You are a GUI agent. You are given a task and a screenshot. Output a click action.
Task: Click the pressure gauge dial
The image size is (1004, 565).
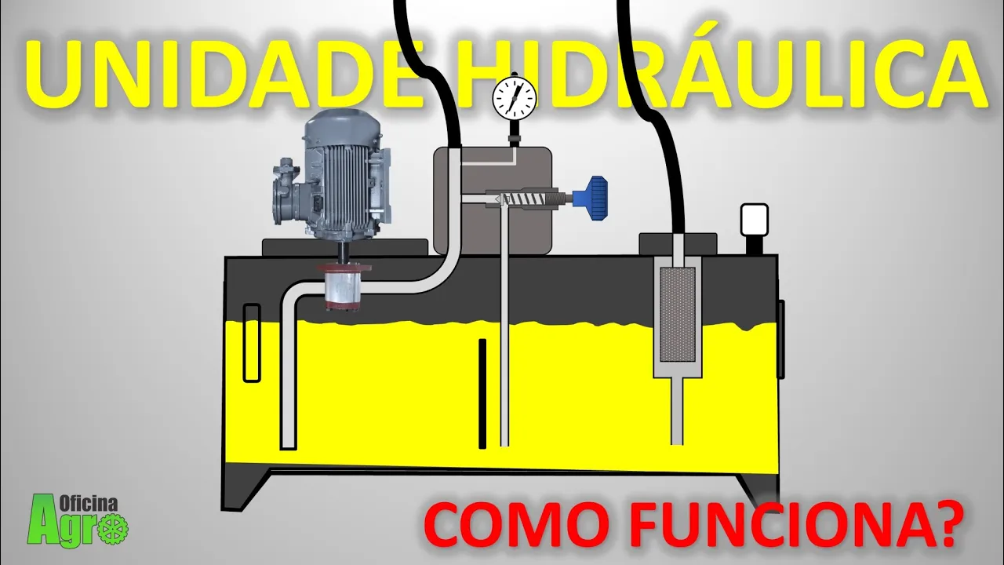[515, 97]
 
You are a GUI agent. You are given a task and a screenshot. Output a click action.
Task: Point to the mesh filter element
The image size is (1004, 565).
[678, 314]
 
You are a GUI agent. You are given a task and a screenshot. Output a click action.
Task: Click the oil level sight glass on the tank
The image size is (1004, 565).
[251, 343]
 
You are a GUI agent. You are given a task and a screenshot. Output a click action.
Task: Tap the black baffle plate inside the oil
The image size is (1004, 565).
[482, 392]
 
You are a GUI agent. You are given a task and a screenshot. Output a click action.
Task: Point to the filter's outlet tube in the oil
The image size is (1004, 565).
[677, 412]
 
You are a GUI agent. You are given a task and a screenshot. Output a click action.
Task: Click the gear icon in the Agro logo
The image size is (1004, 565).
[115, 527]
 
